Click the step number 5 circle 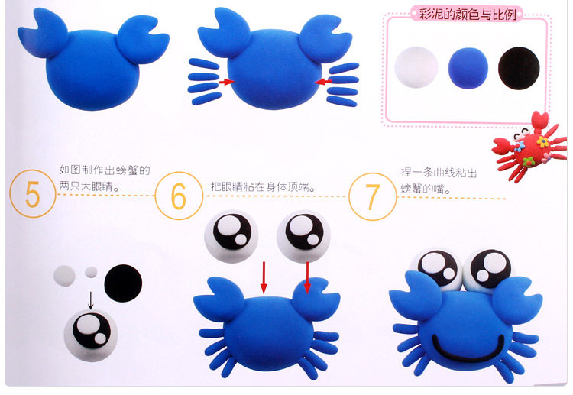33,193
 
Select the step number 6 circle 179,196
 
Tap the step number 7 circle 373,196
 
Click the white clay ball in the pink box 416,67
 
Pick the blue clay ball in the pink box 468,68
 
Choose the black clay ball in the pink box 519,68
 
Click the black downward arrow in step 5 91,300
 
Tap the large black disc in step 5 123,283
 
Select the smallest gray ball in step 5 91,272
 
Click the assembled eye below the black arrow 91,335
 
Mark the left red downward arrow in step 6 264,277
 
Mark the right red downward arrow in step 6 307,277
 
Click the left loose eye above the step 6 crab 231,236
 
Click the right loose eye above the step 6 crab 303,236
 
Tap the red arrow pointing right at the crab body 227,82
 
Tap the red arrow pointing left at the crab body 322,82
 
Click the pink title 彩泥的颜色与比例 468,15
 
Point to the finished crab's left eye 435,269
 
